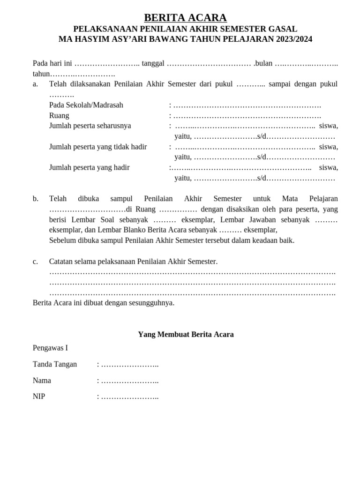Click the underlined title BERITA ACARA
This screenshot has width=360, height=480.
click(185, 18)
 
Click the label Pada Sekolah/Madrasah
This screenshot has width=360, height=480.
click(86, 105)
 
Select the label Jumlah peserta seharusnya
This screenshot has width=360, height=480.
click(90, 126)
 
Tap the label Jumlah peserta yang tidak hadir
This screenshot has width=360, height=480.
click(98, 147)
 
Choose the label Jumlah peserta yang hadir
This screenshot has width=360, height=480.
click(89, 167)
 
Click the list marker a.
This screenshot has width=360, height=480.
click(35, 84)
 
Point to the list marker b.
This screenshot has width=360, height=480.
click(36, 199)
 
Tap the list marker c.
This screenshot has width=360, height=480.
click(35, 262)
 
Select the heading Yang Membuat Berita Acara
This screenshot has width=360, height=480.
click(186, 334)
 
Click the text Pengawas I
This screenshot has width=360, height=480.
click(50, 348)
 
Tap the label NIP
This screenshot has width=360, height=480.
click(39, 397)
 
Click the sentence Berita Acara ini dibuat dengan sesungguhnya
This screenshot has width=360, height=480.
click(104, 303)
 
